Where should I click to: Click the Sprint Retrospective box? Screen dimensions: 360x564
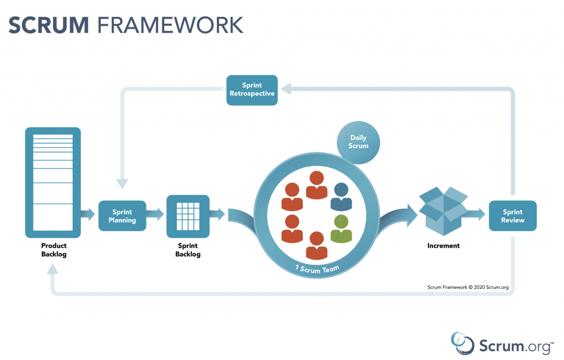pyautogui.click(x=252, y=90)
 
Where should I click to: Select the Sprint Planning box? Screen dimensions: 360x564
pyautogui.click(x=122, y=216)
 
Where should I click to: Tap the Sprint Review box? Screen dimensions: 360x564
pyautogui.click(x=513, y=216)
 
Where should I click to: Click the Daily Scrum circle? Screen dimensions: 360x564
pyautogui.click(x=358, y=142)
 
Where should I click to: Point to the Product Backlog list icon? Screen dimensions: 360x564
pyautogui.click(x=53, y=182)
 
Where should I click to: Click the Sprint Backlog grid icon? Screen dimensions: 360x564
pyautogui.click(x=188, y=216)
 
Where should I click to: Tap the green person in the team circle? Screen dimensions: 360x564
pyautogui.click(x=341, y=229)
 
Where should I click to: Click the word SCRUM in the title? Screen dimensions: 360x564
pyautogui.click(x=48, y=24)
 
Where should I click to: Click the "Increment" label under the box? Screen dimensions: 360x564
pyautogui.click(x=443, y=246)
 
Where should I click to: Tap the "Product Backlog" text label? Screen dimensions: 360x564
pyautogui.click(x=53, y=250)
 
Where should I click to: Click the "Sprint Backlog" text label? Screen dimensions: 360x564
pyautogui.click(x=188, y=250)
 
